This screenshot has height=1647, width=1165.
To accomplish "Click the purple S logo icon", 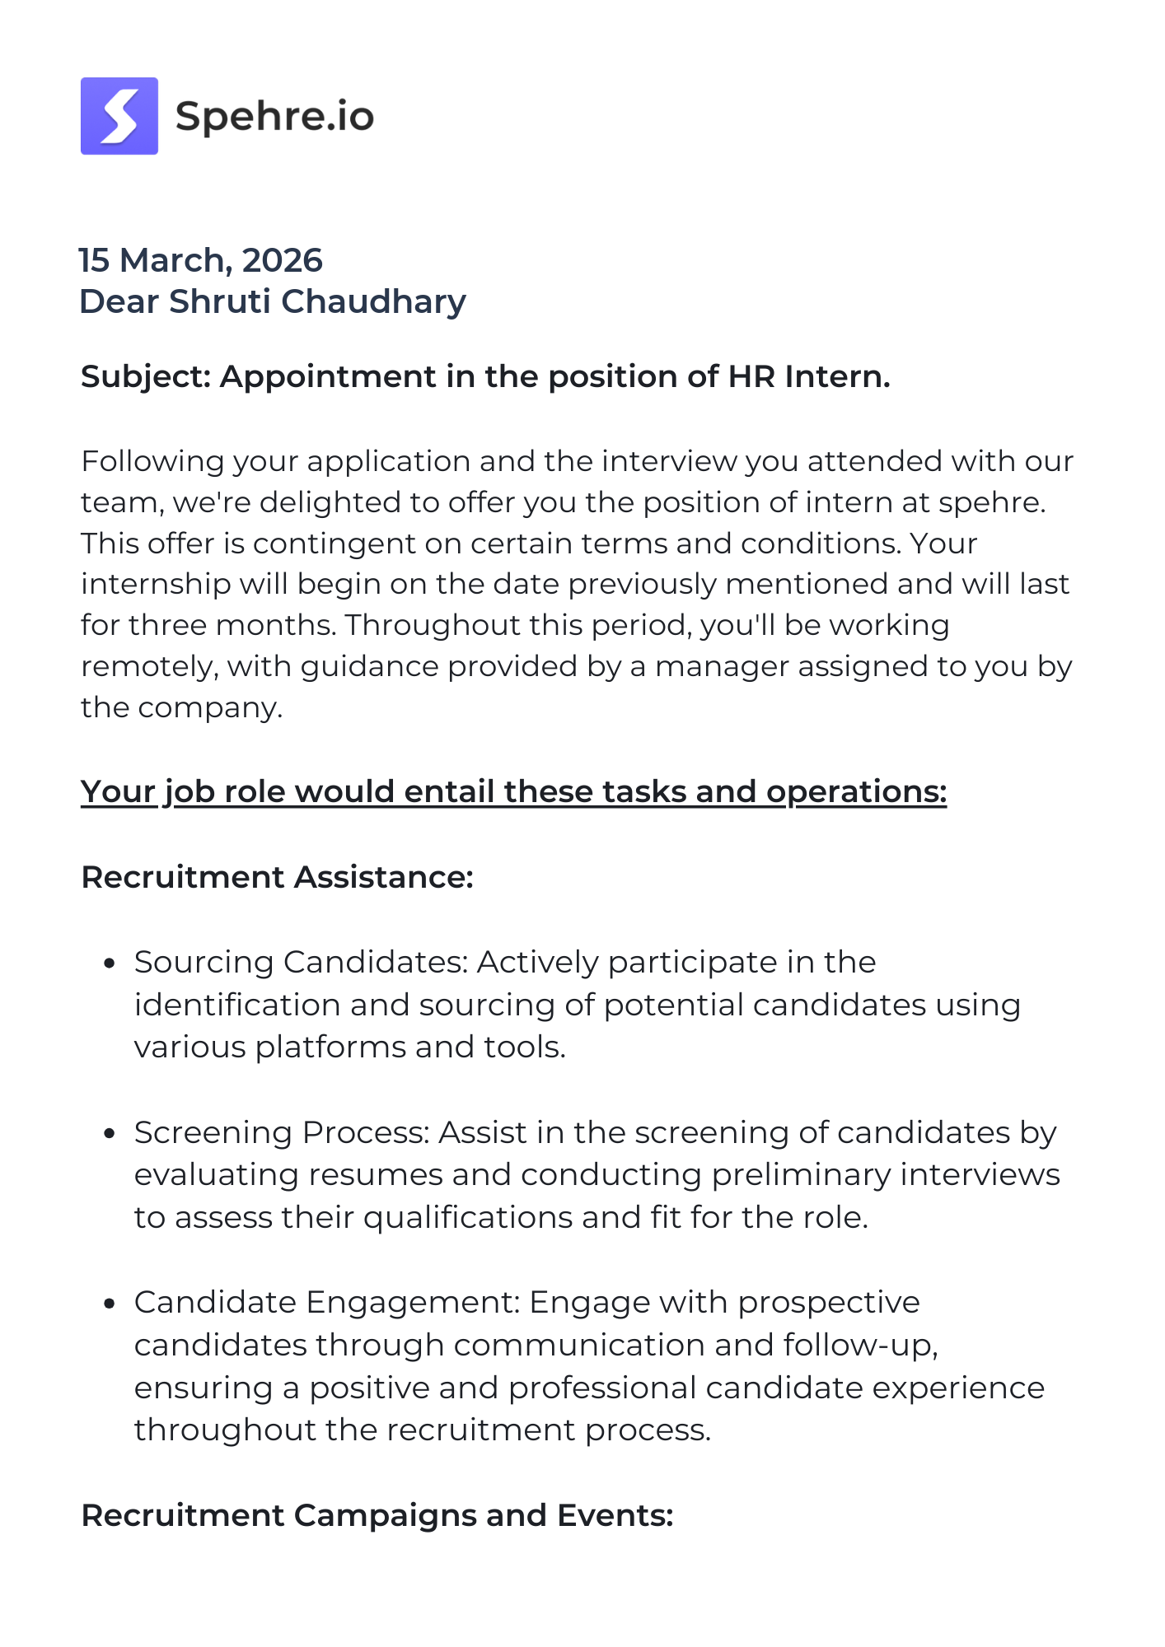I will click(119, 116).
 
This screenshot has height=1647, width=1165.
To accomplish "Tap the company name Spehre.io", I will click(274, 116).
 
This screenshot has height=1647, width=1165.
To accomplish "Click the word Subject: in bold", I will click(147, 376).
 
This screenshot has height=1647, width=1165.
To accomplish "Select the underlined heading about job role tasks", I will click(513, 791).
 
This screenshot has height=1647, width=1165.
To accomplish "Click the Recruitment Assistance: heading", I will click(277, 877).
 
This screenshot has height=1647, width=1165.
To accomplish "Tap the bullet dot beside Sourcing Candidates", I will click(109, 963).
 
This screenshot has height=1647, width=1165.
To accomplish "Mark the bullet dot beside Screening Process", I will click(109, 1134).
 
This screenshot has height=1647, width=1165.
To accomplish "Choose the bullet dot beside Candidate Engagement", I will click(109, 1304).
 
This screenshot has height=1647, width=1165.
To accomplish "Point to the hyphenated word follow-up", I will click(860, 1346).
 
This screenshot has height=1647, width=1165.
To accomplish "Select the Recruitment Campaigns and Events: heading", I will click(377, 1515).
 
